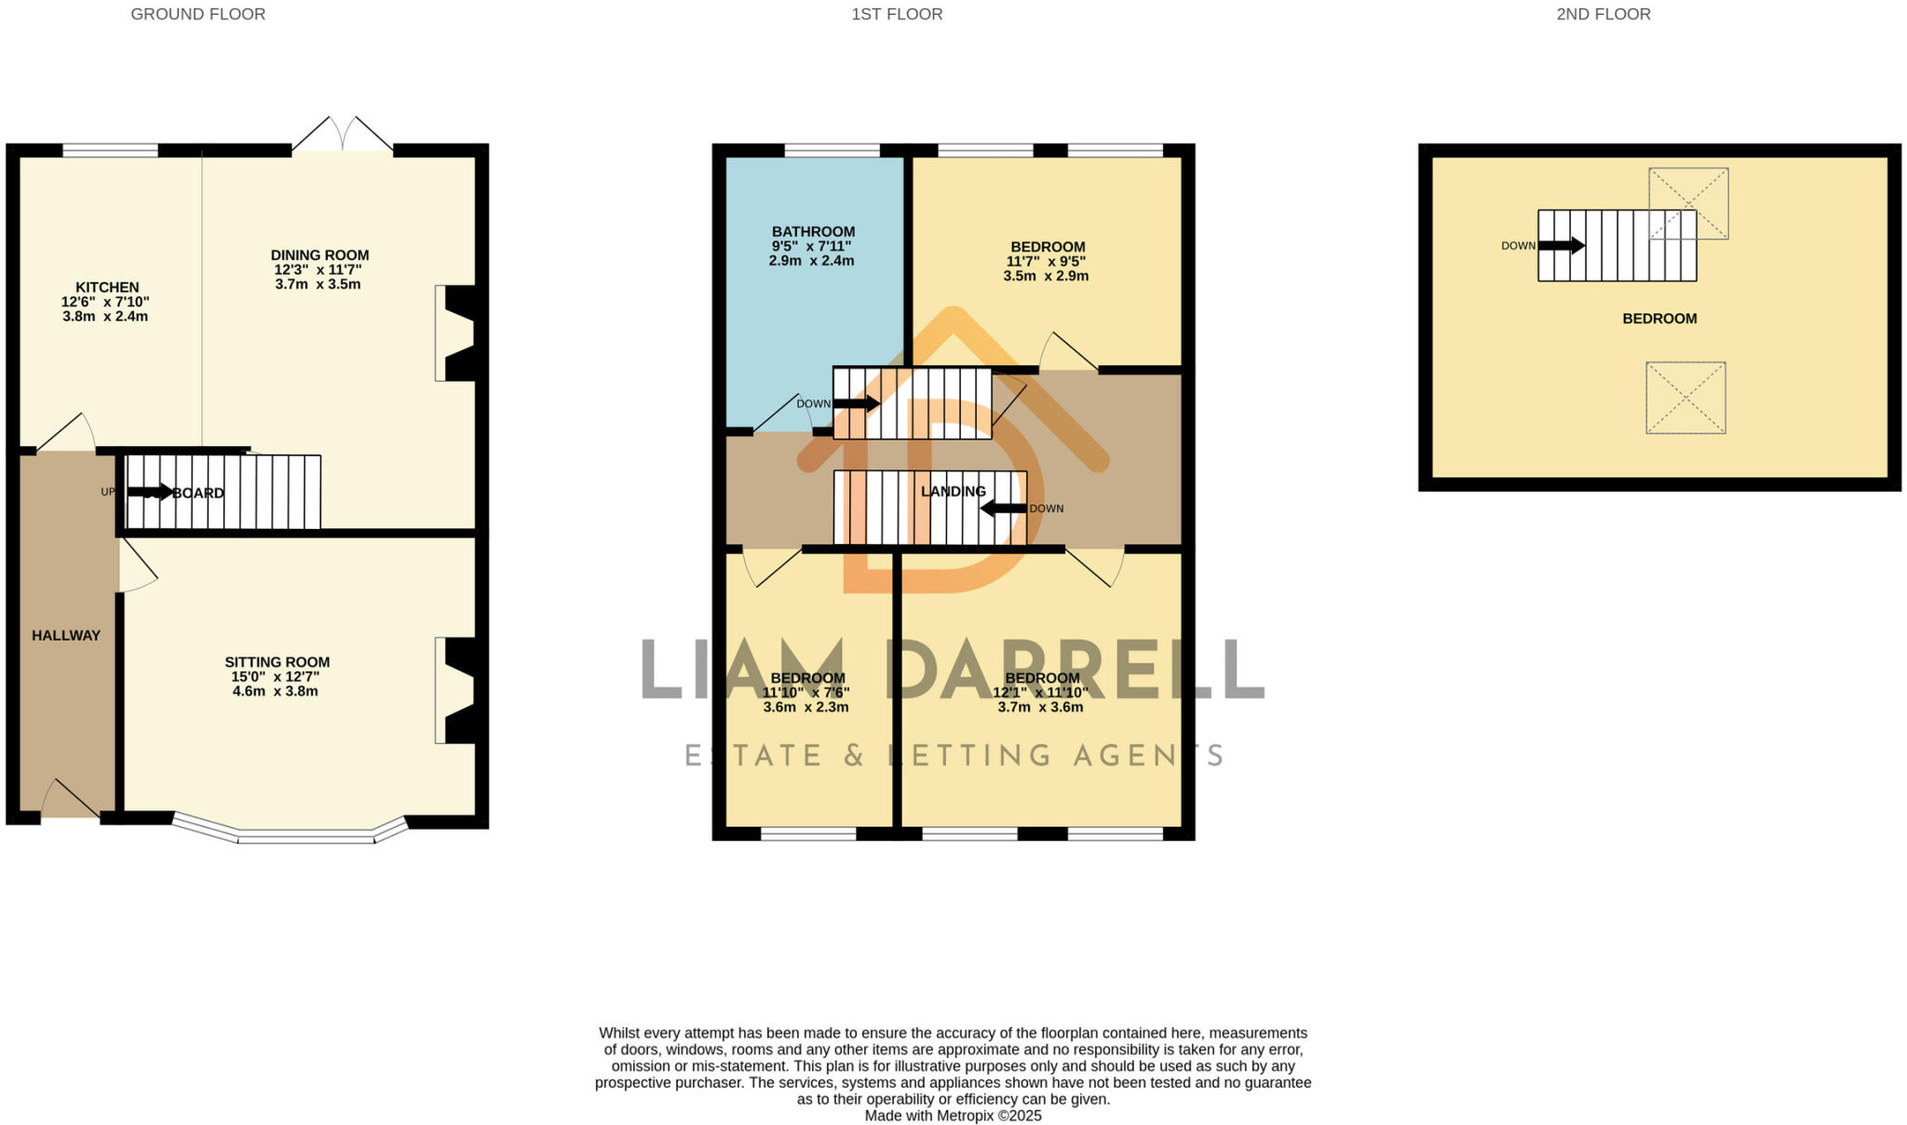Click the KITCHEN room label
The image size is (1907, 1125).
[107, 288]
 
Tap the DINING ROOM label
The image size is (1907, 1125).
[319, 255]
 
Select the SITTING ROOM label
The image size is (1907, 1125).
[277, 662]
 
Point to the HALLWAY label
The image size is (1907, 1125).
[66, 636]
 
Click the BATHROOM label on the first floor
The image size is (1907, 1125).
[813, 232]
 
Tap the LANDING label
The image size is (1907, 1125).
[953, 492]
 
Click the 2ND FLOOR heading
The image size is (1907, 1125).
[1603, 15]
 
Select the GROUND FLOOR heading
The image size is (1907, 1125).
[198, 15]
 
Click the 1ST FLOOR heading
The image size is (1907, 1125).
[897, 15]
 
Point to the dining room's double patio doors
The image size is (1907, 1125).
[343, 136]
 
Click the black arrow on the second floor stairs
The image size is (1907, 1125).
[1562, 246]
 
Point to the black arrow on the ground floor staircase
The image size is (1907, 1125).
[151, 492]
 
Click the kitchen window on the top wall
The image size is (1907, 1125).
[110, 150]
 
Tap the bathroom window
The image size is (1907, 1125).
[832, 150]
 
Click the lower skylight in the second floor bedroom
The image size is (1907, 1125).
[1685, 398]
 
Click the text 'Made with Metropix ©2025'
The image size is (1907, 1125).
[953, 1116]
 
